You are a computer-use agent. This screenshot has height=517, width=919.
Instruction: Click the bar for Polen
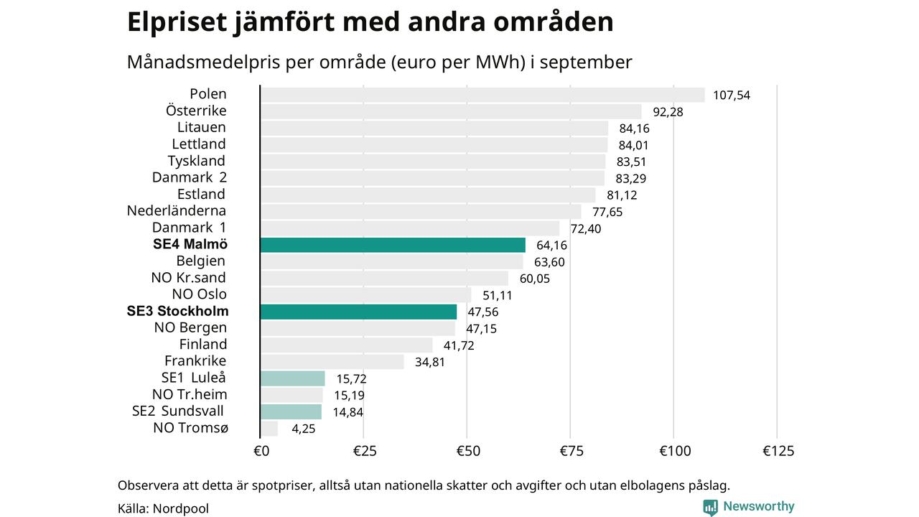(x=482, y=95)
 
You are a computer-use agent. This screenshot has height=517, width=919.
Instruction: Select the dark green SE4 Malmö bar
(x=392, y=245)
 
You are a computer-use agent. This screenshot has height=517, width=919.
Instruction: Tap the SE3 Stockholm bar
(x=358, y=312)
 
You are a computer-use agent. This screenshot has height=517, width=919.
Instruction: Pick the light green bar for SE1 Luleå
(x=292, y=378)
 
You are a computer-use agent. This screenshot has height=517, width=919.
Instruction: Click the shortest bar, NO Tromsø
(x=269, y=429)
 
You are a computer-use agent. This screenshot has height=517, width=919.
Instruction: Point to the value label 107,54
(x=732, y=95)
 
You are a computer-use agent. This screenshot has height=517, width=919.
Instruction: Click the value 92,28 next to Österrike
(x=668, y=112)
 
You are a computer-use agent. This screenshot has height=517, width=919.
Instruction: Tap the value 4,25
(x=304, y=429)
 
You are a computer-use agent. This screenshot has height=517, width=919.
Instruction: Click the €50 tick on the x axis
(x=467, y=451)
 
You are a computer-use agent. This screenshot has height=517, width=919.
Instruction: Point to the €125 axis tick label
(x=778, y=451)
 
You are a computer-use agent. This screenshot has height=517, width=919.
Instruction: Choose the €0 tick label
(x=261, y=451)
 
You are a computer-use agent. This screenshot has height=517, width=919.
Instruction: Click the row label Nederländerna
(x=177, y=210)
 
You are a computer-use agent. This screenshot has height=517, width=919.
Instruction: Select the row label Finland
(x=203, y=345)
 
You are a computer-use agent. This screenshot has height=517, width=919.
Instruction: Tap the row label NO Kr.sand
(x=189, y=278)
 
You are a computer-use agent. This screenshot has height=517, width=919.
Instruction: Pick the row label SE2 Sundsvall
(x=178, y=411)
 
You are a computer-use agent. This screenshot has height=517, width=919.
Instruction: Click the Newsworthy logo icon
(x=710, y=507)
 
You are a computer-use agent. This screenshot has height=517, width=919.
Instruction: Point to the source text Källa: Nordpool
(x=163, y=508)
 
